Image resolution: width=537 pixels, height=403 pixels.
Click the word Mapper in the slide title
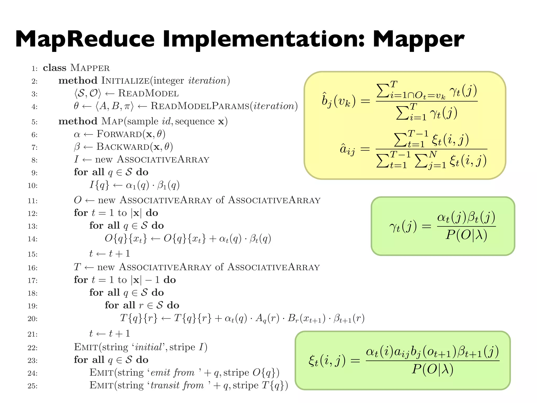[x=418, y=39]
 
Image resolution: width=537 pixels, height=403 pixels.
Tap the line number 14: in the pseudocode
[x=33, y=239]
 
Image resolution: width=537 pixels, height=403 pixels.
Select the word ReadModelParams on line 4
[x=200, y=106]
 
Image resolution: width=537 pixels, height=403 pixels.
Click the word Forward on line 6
[x=119, y=134]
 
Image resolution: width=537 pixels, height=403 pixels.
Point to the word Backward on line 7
[x=123, y=147]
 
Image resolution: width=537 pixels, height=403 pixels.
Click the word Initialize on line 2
[x=126, y=81]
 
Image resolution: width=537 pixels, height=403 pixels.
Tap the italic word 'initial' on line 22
[x=148, y=347]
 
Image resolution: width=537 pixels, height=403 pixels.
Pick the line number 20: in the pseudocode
[x=33, y=319]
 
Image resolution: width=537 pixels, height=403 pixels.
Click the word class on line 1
[x=55, y=68]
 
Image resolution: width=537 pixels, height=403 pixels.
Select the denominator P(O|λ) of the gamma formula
[x=466, y=235]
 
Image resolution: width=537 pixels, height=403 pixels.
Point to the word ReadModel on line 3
[x=148, y=93]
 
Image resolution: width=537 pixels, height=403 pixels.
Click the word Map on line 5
[x=112, y=121]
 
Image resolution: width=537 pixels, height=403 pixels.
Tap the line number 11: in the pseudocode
[x=33, y=201]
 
